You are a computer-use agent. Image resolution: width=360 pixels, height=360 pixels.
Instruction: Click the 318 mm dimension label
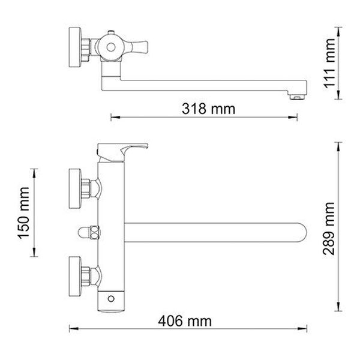(208, 109)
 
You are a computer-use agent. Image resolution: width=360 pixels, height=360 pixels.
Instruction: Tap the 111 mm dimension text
(329, 63)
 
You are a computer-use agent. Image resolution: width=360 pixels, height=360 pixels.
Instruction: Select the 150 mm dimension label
(23, 213)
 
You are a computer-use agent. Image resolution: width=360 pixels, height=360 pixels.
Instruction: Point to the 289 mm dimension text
(329, 229)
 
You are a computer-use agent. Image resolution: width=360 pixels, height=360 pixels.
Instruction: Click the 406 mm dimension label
(185, 321)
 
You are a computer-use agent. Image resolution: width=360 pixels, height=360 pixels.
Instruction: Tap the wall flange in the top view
(75, 47)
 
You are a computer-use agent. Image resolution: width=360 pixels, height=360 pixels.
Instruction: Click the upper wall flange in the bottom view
(75, 189)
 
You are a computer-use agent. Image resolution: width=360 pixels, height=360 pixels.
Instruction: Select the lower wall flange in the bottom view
(75, 277)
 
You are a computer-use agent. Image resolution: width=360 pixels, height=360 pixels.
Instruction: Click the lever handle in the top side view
(140, 47)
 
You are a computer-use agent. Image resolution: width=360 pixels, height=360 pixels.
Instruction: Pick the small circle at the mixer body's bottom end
(111, 299)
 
